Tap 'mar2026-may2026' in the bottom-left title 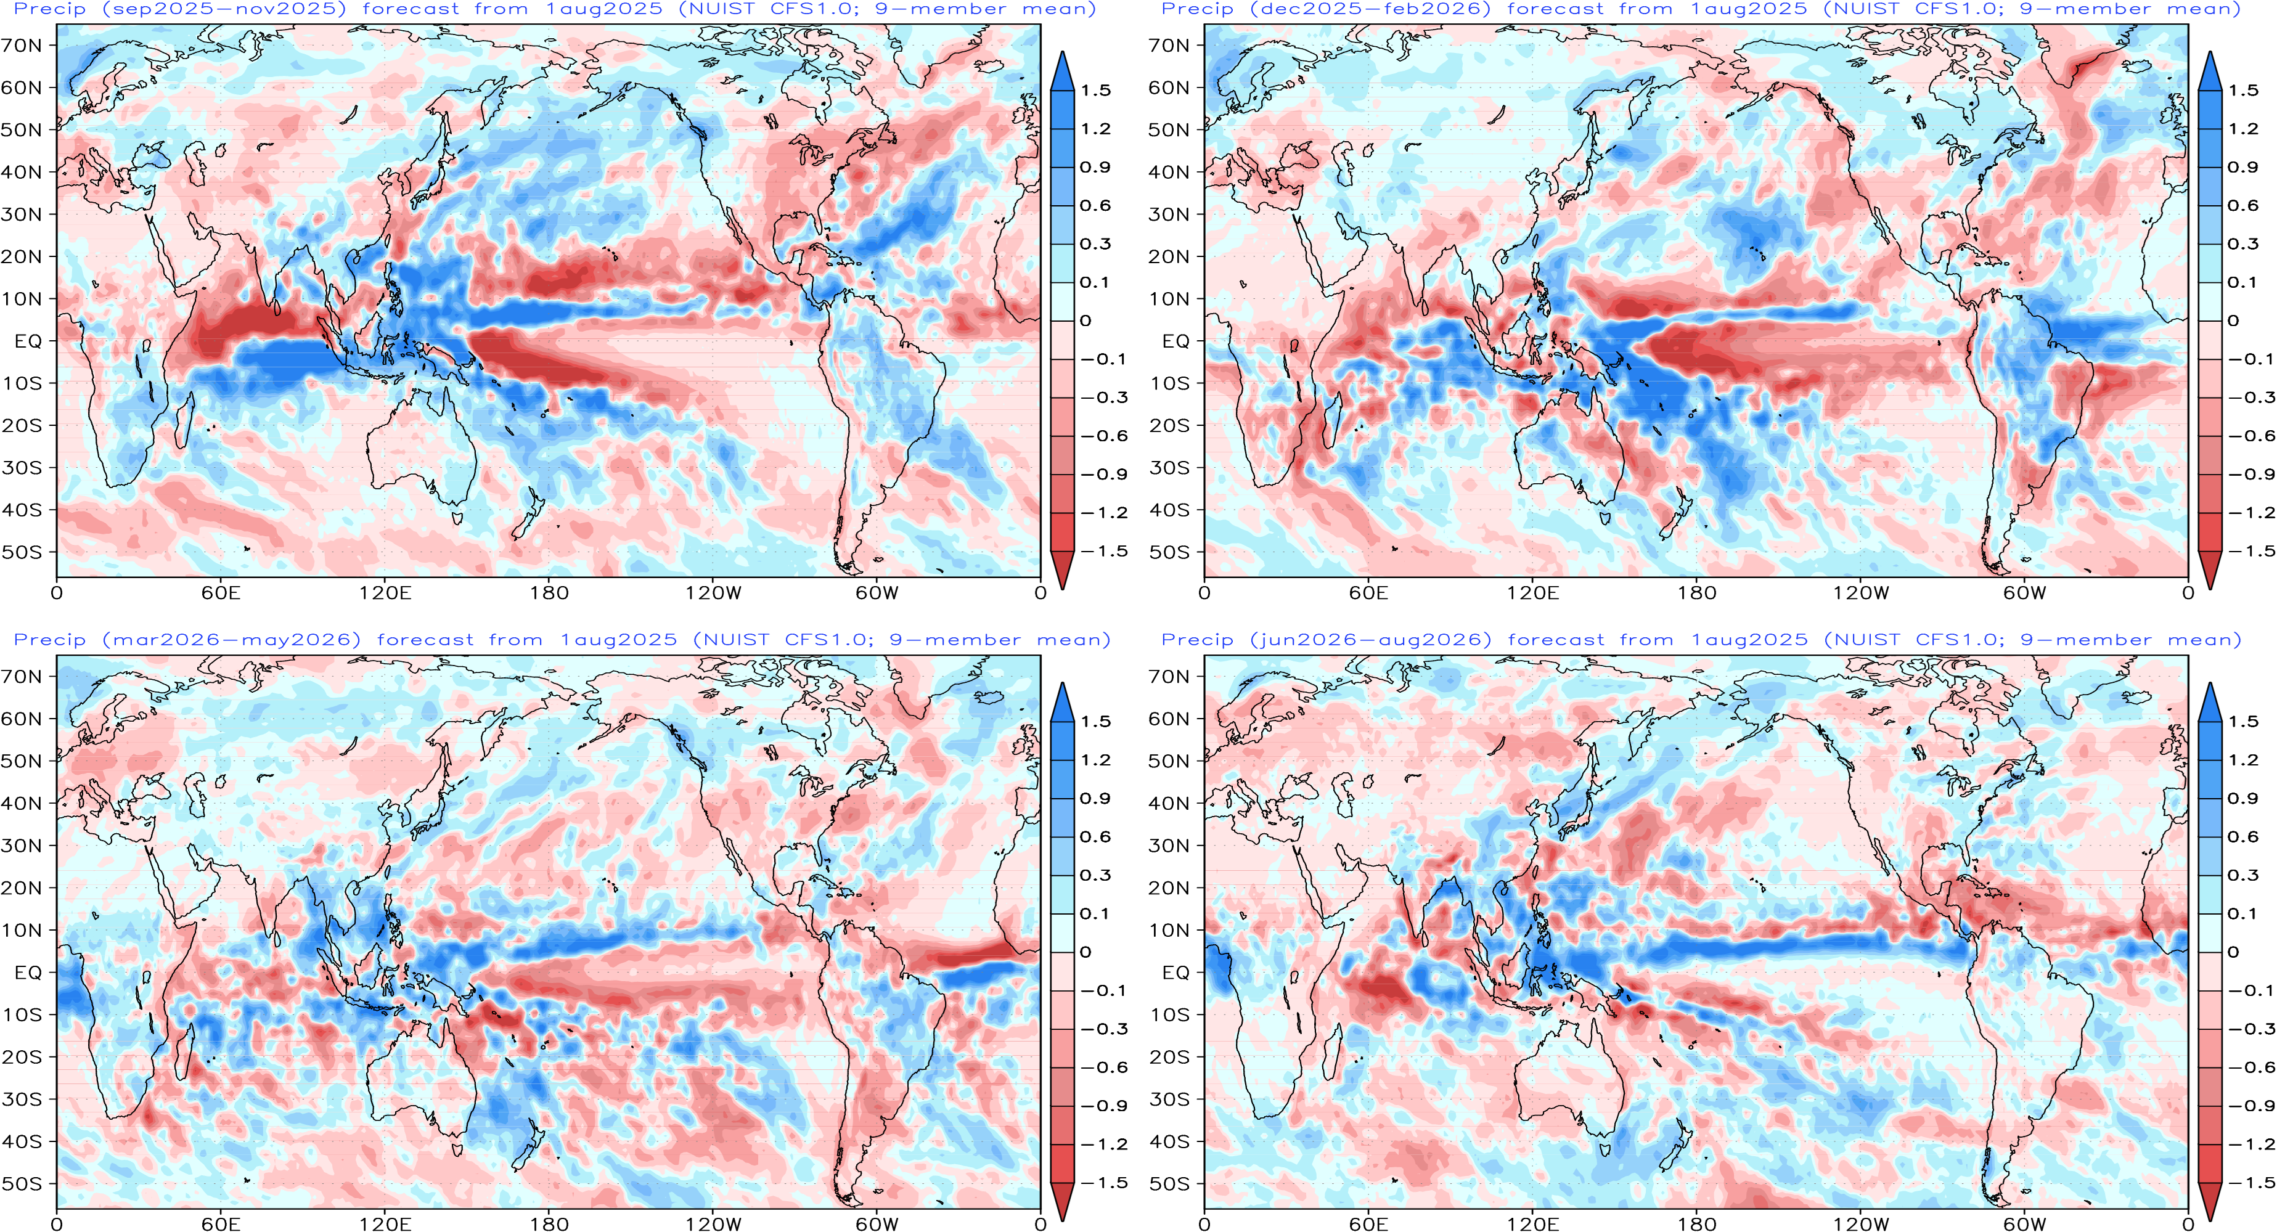click(x=232, y=640)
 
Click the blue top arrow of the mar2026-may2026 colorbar click(x=1063, y=703)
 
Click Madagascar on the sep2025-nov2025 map click(x=183, y=422)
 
